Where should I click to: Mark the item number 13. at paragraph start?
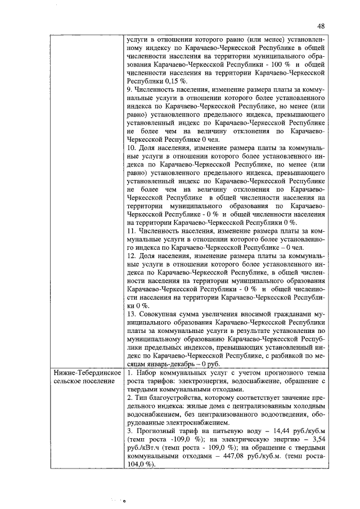pos(132,311)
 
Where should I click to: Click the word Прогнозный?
pos(156,427)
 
